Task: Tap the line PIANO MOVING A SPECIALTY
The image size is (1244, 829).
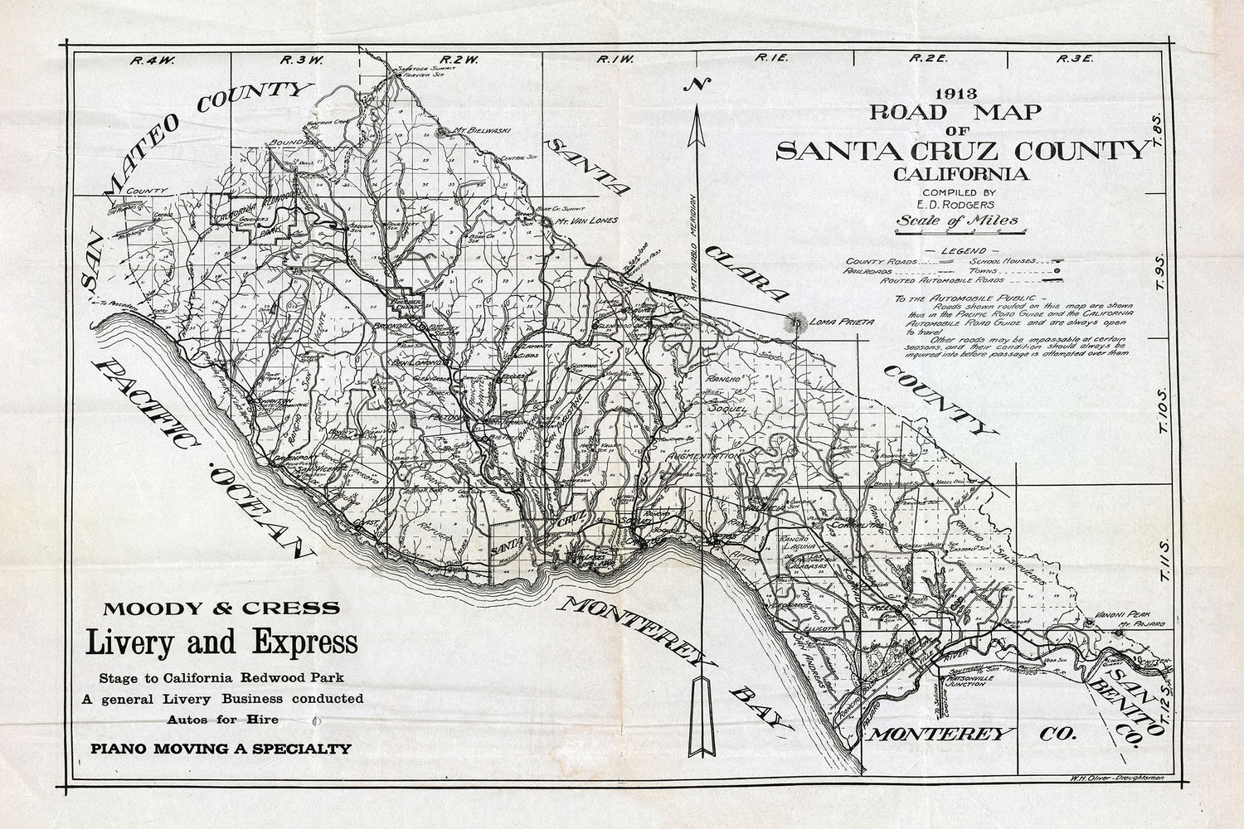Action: [221, 749]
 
